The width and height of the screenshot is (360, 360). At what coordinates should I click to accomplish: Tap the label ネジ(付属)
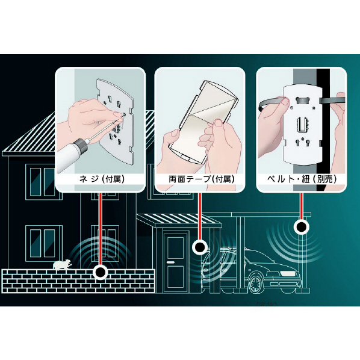[x=102, y=179]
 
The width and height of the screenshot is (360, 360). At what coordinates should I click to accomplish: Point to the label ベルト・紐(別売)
[x=302, y=179]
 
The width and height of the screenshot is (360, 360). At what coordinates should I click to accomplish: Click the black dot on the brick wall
[x=100, y=272]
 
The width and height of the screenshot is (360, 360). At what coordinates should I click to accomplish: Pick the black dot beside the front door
[x=200, y=247]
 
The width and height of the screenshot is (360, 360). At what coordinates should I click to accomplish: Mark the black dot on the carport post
[x=301, y=227]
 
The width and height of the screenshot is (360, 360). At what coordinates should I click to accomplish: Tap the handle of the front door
[x=170, y=262]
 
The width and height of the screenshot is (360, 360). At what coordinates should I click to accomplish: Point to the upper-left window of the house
[x=41, y=181]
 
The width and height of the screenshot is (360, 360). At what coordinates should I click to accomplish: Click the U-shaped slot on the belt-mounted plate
[x=302, y=126]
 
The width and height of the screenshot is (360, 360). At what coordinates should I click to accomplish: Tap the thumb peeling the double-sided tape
[x=217, y=126]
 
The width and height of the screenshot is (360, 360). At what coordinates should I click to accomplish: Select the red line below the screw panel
[x=100, y=229]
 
